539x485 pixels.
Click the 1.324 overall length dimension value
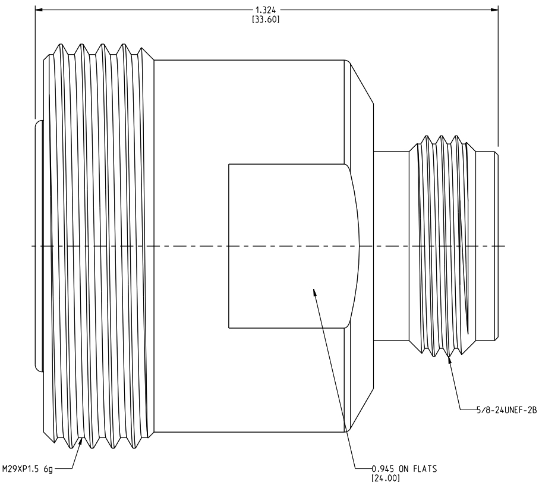pos(266,11)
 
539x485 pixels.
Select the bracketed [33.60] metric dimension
pos(266,20)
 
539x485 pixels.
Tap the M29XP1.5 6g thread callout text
pos(27,469)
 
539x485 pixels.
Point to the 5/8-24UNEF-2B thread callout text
pos(506,410)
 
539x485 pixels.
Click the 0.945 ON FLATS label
pos(404,469)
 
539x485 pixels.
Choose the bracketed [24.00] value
pos(386,478)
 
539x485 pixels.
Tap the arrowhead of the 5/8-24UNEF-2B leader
pos(449,360)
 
